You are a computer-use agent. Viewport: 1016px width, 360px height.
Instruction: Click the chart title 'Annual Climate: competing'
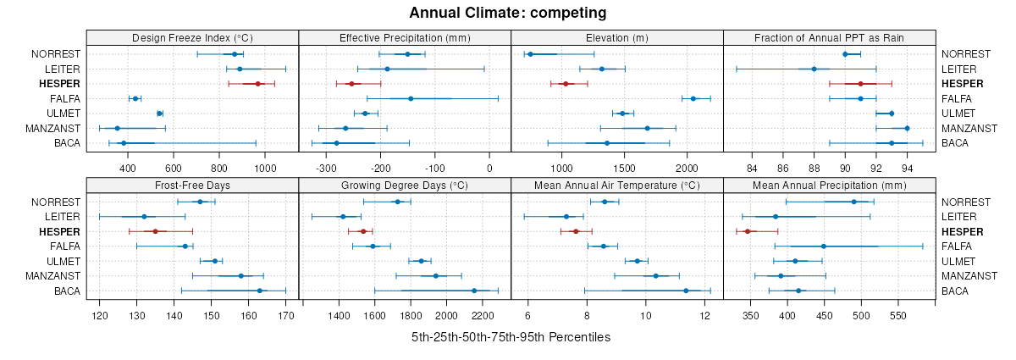pyautogui.click(x=507, y=13)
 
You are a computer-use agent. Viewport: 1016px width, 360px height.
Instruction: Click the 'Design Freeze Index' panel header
pyautogui.click(x=192, y=38)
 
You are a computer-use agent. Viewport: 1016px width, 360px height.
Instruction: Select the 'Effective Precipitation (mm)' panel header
pyautogui.click(x=405, y=38)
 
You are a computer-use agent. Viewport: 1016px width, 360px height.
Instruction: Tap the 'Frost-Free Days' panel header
pyautogui.click(x=192, y=186)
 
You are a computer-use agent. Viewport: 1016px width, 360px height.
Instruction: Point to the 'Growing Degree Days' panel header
pyautogui.click(x=405, y=186)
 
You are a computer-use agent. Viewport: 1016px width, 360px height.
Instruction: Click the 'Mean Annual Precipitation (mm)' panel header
pyautogui.click(x=829, y=186)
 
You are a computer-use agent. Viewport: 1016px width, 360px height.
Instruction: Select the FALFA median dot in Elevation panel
pyautogui.click(x=693, y=98)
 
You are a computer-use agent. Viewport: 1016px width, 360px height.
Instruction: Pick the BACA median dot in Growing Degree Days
pyautogui.click(x=474, y=291)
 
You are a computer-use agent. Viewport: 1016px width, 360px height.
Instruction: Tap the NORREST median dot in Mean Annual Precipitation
pyautogui.click(x=854, y=202)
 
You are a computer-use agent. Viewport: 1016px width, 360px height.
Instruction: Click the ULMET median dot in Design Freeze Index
pyautogui.click(x=159, y=114)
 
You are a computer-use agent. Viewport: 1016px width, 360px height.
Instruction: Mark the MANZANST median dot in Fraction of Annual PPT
pyautogui.click(x=907, y=128)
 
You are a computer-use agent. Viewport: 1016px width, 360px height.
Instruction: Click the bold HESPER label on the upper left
pyautogui.click(x=59, y=84)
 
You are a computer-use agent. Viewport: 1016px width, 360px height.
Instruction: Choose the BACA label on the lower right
pyautogui.click(x=956, y=291)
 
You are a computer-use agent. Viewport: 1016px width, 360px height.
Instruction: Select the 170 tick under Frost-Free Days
pyautogui.click(x=286, y=316)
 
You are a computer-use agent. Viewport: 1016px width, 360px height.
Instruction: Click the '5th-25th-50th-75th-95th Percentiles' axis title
pyautogui.click(x=511, y=337)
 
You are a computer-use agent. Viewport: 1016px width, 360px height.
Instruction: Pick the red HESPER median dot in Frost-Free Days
pyautogui.click(x=155, y=231)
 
